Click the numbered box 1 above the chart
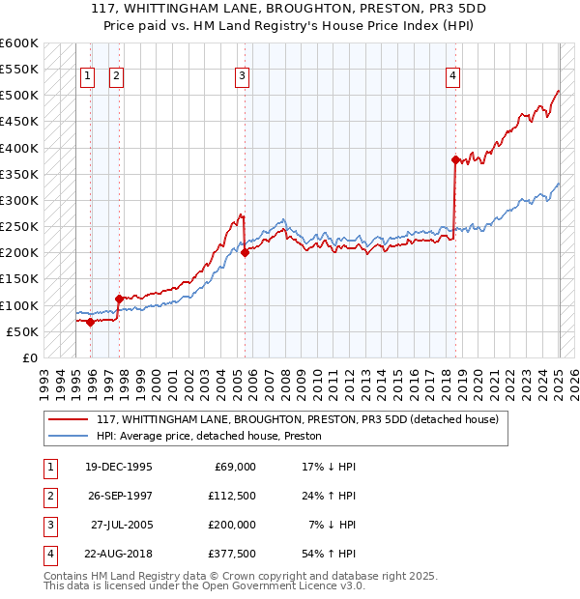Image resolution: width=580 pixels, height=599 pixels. coord(87,77)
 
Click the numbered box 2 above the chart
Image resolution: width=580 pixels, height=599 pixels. coord(115,77)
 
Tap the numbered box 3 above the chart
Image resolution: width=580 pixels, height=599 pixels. coord(242,77)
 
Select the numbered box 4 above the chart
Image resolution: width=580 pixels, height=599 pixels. coord(452,77)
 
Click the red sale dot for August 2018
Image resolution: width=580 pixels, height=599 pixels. coord(455,159)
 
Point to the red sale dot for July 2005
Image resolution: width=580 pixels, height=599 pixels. coord(245,252)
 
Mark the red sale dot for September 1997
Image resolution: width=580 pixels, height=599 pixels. coord(118,299)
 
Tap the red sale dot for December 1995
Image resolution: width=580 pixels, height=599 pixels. coord(90,322)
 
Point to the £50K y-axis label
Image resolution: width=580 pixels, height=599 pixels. coord(23,331)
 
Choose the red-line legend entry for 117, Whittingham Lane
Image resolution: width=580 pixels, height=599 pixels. coord(297,419)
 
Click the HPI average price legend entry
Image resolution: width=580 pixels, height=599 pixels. coord(209,437)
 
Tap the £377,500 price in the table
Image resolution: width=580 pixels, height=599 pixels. coord(233,554)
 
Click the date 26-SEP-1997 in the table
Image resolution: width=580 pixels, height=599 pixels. coord(118,496)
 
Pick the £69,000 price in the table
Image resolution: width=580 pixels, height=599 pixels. coord(236,467)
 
